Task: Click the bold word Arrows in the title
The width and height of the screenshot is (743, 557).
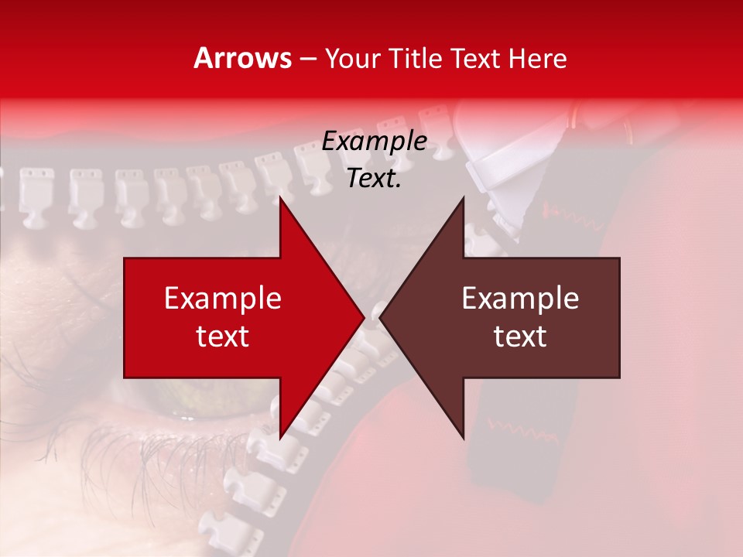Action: (243, 58)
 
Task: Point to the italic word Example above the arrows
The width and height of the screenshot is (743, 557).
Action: (374, 142)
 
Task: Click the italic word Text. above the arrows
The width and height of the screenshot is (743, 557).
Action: (374, 179)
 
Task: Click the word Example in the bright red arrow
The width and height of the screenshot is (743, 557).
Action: (223, 299)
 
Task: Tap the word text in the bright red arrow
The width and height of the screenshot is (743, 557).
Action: (223, 337)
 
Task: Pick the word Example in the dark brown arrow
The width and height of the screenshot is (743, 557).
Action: (520, 299)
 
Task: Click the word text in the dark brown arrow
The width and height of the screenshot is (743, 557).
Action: (520, 337)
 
